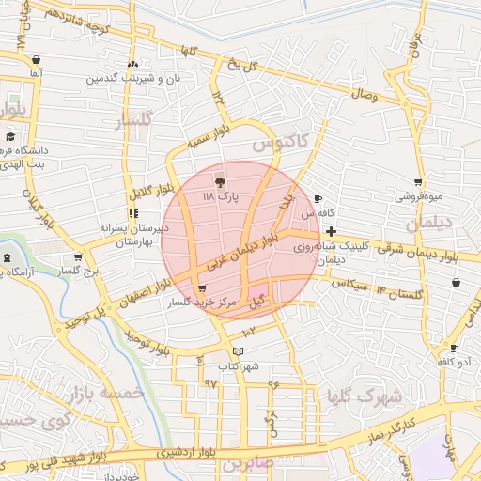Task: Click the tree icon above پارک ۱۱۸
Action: tap(221, 181)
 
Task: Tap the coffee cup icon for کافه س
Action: tap(318, 199)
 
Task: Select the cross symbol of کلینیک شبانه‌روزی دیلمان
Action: tap(331, 231)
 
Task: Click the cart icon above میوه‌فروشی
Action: tap(417, 182)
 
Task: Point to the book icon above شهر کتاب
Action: tap(238, 351)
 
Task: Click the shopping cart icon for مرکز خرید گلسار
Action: tap(202, 288)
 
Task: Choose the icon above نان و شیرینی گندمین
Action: tap(132, 65)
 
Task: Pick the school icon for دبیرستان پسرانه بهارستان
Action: tap(132, 213)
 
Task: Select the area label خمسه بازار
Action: tap(112, 393)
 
